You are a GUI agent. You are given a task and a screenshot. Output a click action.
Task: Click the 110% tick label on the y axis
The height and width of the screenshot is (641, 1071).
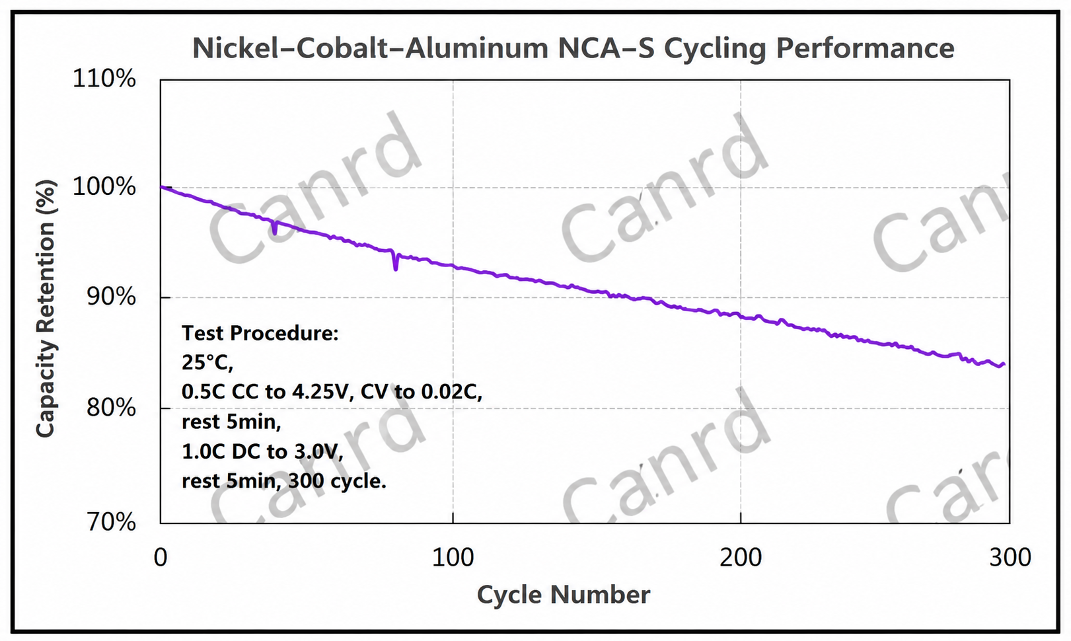(104, 78)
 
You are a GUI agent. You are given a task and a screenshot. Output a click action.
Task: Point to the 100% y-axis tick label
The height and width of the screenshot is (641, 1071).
(104, 186)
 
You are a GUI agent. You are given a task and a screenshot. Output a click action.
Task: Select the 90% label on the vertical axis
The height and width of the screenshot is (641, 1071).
(111, 297)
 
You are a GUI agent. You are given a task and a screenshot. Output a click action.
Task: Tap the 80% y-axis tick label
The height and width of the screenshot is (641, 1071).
(111, 408)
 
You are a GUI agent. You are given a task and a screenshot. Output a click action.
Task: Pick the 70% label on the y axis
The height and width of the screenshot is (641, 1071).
(111, 522)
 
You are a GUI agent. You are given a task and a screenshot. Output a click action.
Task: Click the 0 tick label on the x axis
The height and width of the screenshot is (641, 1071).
(161, 557)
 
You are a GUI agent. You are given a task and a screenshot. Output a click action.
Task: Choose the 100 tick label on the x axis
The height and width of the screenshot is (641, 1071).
(453, 557)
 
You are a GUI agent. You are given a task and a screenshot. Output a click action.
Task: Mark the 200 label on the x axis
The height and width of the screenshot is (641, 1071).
(741, 557)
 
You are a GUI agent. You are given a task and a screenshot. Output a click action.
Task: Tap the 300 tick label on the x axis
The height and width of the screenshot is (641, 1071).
(1010, 557)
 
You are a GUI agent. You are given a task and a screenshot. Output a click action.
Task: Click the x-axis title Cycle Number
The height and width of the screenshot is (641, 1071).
(564, 595)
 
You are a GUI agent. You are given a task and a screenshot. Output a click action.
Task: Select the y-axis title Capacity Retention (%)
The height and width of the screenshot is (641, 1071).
(46, 309)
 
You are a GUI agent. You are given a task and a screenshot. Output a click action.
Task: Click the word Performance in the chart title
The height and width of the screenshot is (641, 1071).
(865, 48)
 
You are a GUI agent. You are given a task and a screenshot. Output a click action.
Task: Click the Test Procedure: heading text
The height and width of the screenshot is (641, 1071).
(260, 334)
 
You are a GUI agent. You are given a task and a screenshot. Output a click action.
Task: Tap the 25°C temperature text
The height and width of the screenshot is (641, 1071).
(207, 363)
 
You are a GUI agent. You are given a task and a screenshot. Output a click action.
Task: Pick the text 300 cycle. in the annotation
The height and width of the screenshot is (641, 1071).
(337, 481)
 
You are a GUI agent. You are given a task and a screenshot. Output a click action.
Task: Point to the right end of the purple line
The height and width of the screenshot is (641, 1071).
(1004, 365)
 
